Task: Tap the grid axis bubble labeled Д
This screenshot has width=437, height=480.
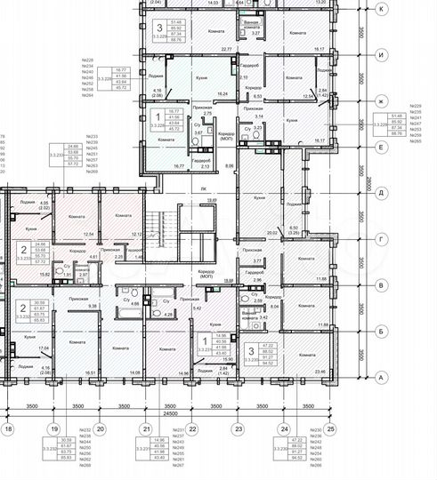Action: [381, 192]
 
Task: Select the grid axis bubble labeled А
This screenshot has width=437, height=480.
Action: [381, 377]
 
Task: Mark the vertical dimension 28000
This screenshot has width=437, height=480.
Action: [365, 192]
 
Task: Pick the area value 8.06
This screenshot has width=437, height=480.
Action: [229, 165]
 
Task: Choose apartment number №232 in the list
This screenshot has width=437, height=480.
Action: [86, 430]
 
